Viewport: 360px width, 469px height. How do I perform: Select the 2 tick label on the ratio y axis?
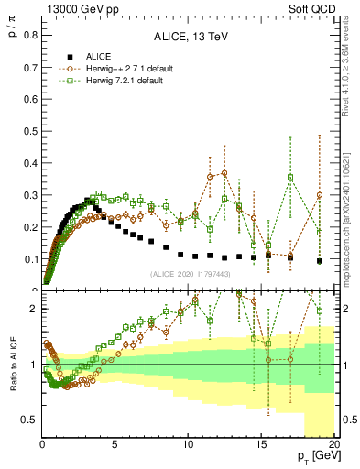(x=33, y=309)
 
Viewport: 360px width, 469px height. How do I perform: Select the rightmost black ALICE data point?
(x=320, y=261)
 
